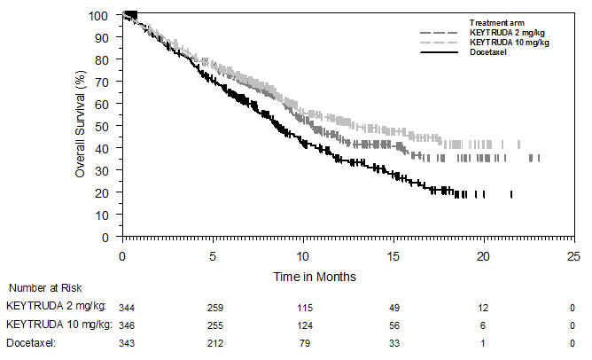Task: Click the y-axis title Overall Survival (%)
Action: pos(79,126)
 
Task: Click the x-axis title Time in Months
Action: pos(315,277)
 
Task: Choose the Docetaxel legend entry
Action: pos(488,53)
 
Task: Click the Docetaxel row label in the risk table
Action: pos(32,341)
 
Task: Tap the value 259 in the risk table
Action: pos(213,306)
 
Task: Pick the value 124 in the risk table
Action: pos(302,325)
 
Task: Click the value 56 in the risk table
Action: pos(393,325)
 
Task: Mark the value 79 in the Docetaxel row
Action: pos(302,341)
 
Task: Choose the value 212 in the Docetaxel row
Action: pos(213,341)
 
